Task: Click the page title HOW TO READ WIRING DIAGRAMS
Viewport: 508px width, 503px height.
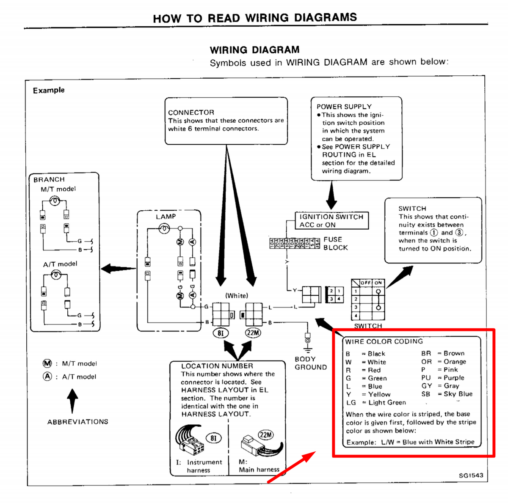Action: [255, 18]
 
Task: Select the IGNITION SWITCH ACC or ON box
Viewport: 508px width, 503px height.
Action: [331, 220]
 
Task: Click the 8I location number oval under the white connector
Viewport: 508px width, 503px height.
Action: [220, 333]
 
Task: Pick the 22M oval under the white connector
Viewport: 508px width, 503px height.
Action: [253, 333]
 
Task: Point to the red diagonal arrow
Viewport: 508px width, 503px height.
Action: [292, 467]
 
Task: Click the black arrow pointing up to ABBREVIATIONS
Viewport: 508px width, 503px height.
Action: [72, 400]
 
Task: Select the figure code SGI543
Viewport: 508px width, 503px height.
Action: [471, 475]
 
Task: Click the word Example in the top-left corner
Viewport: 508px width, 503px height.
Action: [49, 90]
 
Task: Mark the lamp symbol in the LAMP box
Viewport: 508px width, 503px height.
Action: [164, 229]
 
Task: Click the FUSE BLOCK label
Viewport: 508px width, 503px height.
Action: [335, 243]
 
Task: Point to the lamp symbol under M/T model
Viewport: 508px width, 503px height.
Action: [55, 201]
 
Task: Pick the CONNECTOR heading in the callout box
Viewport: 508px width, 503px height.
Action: [191, 113]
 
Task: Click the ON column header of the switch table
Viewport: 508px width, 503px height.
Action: [378, 283]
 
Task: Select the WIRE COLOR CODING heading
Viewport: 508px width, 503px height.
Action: [384, 341]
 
